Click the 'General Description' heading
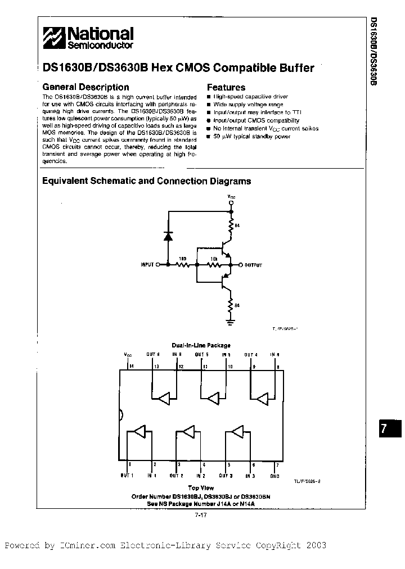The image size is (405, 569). (85, 87)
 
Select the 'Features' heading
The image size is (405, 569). (226, 88)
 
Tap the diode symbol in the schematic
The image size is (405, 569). (167, 236)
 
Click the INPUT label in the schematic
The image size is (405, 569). (146, 264)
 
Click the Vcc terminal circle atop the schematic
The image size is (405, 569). (231, 202)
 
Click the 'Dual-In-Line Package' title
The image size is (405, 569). (201, 345)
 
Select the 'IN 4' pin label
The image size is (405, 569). (276, 355)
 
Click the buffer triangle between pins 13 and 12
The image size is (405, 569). (164, 399)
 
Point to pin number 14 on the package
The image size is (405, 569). (132, 366)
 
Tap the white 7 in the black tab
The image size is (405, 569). (384, 428)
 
